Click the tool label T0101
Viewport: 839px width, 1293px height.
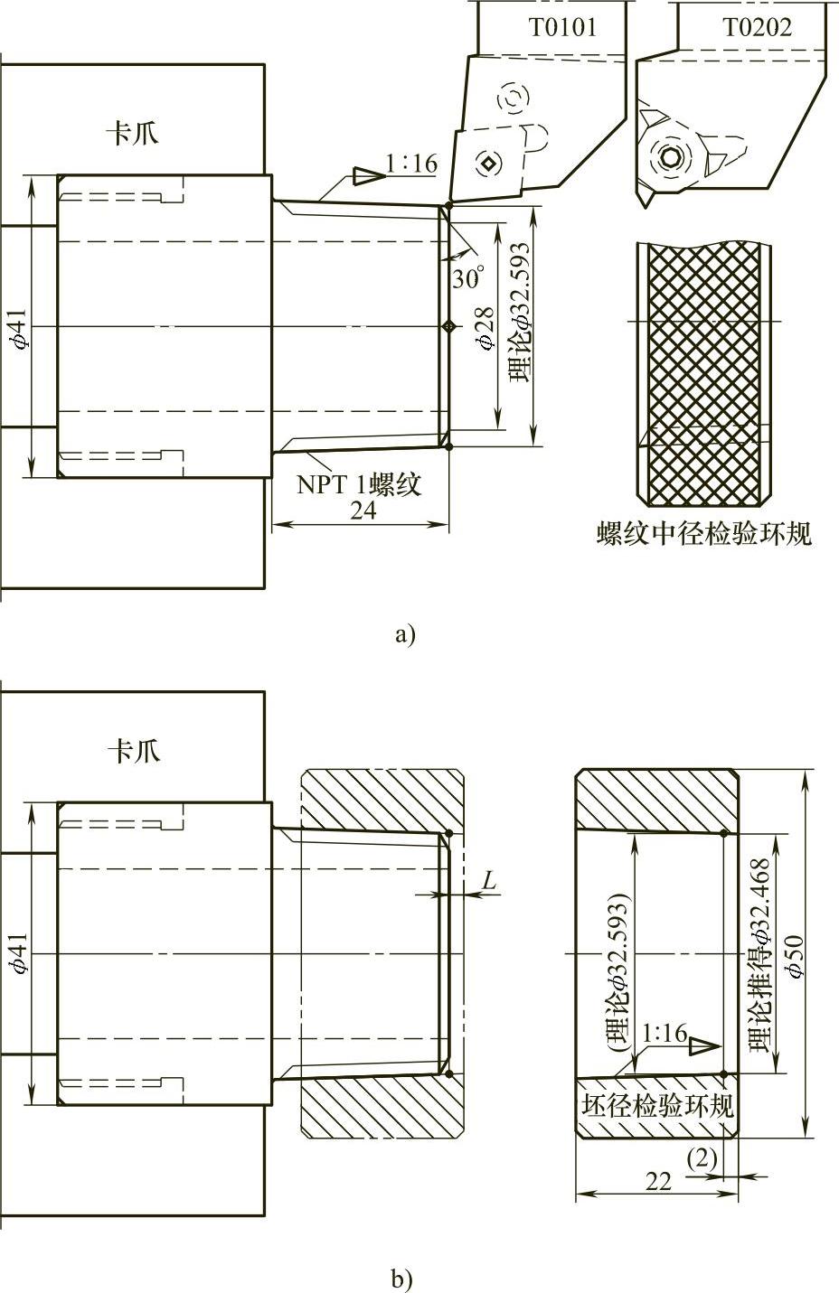562,27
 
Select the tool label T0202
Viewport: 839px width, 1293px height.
757,27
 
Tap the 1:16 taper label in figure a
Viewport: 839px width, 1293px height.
411,164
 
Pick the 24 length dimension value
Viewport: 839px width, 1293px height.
363,510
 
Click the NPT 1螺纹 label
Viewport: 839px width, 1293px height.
360,484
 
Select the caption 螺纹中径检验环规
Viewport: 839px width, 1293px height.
703,533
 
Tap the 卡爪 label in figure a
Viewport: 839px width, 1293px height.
133,134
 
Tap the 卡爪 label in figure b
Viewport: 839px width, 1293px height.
133,751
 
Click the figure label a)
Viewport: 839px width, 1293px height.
404,634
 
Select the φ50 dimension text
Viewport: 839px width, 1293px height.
797,956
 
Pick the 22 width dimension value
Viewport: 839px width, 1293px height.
659,1180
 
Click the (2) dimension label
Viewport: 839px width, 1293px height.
702,1157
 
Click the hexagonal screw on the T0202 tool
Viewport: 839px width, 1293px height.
670,155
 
